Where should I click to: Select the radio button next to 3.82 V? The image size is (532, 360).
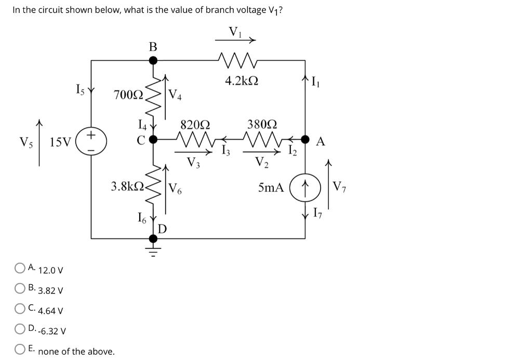20,288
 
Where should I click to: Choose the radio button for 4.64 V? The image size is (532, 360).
20,309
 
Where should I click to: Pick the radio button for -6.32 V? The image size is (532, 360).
20,329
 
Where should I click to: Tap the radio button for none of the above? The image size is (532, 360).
20,350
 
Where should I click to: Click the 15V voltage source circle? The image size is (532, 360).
91,141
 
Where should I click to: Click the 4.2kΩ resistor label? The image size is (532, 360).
242,81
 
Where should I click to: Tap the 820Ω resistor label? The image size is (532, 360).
195,125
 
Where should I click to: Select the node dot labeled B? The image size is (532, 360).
153,60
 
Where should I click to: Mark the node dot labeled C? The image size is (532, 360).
153,140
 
